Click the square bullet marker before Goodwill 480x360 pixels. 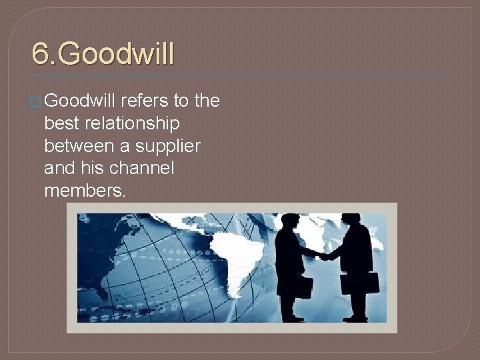tap(37, 101)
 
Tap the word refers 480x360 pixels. tap(145, 101)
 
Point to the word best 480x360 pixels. tap(59, 123)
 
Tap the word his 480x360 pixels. tap(93, 169)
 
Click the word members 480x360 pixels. tap(84, 191)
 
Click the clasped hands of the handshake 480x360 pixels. tap(323, 255)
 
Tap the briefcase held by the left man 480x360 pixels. tap(303, 286)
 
